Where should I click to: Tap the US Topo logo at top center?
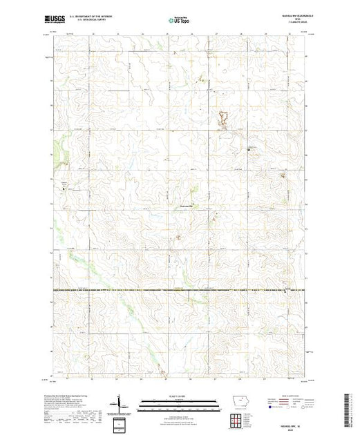[x=179, y=21]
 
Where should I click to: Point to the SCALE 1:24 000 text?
[x=179, y=397]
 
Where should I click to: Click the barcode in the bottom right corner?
[x=348, y=407]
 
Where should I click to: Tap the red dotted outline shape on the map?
[x=223, y=119]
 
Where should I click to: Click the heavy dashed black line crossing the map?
[x=180, y=289]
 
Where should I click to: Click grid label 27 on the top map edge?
[x=216, y=32]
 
